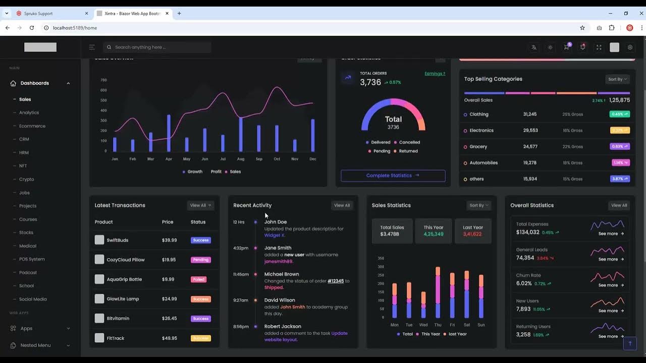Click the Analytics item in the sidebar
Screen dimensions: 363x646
29,112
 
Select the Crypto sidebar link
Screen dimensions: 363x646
26,179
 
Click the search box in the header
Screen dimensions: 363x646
157,47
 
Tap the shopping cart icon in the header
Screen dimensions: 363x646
566,47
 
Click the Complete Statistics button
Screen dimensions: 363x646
393,175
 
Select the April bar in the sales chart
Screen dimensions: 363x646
169,133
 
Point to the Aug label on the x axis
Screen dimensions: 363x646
241,159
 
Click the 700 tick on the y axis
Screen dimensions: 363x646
103,80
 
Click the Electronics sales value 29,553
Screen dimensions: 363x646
530,131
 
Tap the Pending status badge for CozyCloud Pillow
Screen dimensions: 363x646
201,260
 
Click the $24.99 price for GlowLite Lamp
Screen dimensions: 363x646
170,299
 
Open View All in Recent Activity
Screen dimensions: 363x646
342,205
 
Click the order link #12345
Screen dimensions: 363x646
336,281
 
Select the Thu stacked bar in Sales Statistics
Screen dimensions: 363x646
438,292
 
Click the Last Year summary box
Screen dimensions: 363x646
473,231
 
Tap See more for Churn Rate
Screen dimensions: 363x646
611,285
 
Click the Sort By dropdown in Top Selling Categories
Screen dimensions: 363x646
618,79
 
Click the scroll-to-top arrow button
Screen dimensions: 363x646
629,343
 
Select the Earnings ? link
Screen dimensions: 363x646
435,74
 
